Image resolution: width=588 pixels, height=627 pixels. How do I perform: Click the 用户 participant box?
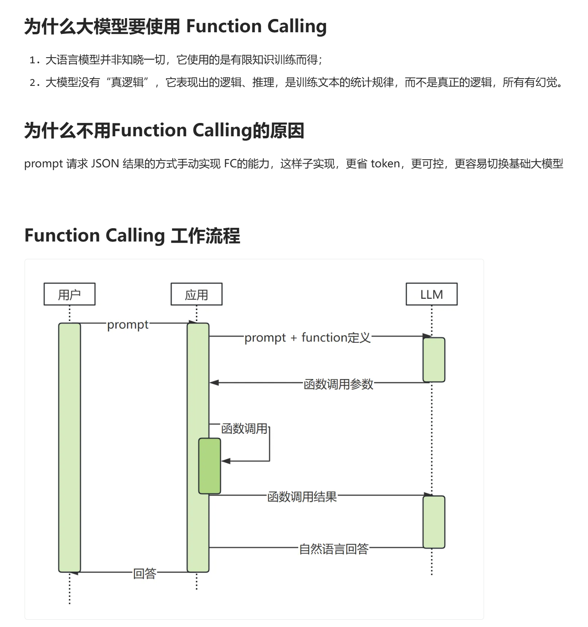(69, 294)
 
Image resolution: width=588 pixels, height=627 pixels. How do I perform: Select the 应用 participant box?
(196, 294)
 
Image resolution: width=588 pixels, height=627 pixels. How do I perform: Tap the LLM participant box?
(431, 294)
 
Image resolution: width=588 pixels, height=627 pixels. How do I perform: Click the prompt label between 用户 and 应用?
(128, 325)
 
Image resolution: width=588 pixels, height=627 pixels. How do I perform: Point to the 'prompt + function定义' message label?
(307, 337)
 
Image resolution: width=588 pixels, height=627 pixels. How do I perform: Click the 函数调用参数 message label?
(339, 384)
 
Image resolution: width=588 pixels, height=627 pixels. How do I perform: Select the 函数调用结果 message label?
(302, 496)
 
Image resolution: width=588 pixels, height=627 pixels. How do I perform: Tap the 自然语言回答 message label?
(334, 549)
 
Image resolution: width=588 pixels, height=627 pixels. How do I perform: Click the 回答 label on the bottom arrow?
(145, 573)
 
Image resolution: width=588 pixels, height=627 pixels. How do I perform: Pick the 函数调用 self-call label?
(244, 428)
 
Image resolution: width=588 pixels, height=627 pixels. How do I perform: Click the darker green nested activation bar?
(210, 466)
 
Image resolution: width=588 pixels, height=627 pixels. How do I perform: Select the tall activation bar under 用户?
(69, 448)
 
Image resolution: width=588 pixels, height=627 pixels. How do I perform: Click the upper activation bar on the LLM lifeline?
(434, 360)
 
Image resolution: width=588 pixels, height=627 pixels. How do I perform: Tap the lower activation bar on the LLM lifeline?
(434, 522)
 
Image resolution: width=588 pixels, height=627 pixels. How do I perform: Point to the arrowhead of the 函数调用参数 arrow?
(214, 383)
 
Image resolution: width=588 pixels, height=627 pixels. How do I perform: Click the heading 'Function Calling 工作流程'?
(132, 235)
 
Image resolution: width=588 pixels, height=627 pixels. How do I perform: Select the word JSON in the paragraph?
(105, 164)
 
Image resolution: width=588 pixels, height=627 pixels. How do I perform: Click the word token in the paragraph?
(385, 164)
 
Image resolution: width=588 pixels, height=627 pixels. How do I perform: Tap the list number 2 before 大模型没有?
(33, 83)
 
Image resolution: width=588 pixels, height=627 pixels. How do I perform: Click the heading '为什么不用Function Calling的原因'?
(164, 131)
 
